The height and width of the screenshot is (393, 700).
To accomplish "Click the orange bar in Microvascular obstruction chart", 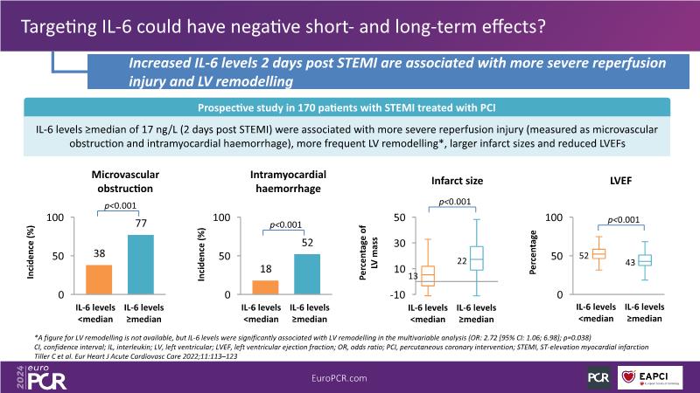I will [x=99, y=279].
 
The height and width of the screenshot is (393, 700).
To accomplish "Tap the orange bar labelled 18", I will [x=265, y=287].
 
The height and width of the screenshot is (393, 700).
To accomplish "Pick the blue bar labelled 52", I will [x=307, y=274].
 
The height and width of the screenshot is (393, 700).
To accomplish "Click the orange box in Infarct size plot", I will [x=427, y=276].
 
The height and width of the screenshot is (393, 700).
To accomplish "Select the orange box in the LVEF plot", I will [x=599, y=253].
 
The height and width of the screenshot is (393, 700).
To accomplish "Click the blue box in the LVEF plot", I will [x=644, y=260].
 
